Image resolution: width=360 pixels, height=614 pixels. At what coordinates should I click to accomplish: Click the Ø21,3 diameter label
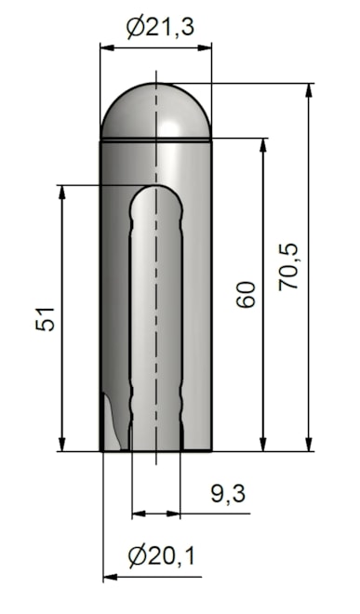tap(161, 28)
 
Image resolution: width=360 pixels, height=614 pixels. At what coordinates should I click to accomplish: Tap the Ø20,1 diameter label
tap(161, 555)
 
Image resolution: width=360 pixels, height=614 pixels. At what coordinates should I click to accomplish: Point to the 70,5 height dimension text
tap(288, 267)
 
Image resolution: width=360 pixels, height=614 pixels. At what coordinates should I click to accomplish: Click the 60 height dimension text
tap(247, 294)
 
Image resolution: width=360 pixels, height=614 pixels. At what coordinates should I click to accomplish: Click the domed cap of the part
tap(156, 110)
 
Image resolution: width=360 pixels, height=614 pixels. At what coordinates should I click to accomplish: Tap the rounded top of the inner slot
tap(156, 194)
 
